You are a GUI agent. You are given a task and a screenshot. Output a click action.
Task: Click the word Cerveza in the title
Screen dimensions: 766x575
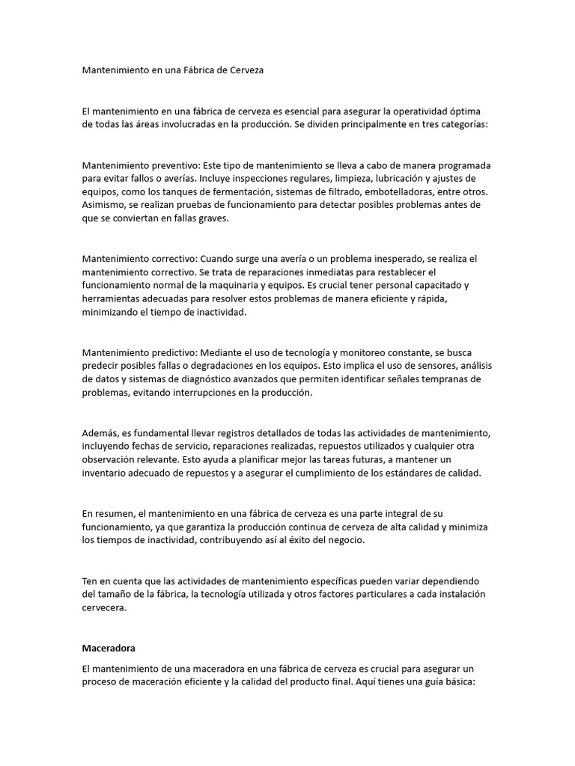click(245, 70)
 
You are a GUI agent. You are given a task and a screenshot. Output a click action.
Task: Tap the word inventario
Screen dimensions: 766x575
click(107, 473)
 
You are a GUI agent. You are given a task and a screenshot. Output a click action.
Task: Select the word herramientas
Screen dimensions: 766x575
click(112, 298)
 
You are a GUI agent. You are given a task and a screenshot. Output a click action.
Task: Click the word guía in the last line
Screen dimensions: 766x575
click(414, 682)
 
